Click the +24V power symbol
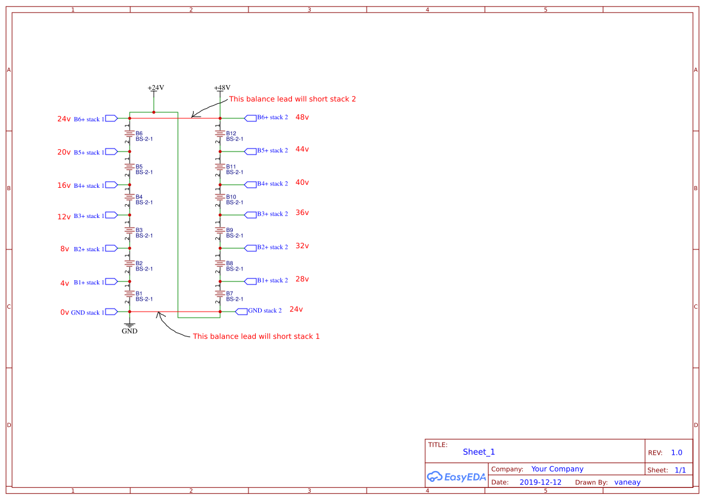click(156, 89)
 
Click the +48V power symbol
click(222, 89)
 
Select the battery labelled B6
click(130, 134)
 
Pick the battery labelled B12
click(220, 134)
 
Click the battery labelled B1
click(130, 294)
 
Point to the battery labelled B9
click(220, 231)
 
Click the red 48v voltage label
click(302, 117)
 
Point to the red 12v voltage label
click(64, 217)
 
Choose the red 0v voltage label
click(65, 313)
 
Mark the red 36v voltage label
click(302, 213)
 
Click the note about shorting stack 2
click(292, 99)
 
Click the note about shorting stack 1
click(256, 336)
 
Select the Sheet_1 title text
click(479, 452)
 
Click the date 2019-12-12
click(540, 482)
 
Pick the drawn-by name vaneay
click(627, 482)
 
